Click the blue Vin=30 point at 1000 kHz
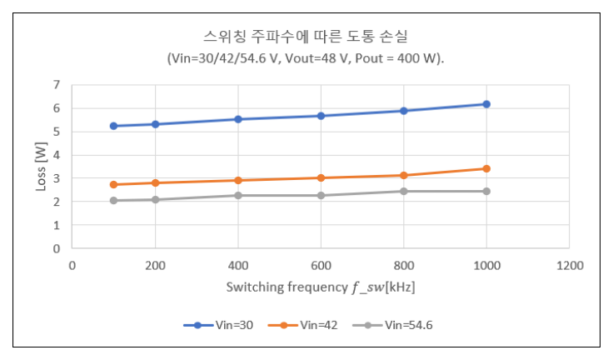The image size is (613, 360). pos(486,104)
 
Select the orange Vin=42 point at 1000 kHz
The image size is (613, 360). pos(486,168)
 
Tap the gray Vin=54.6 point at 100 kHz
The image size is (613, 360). pos(113,200)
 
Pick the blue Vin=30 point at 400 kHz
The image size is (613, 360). pos(238,119)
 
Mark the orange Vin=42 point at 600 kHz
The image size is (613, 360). pos(321,177)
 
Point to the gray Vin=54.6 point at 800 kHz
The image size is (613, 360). pos(403,191)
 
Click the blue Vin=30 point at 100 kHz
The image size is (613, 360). pos(113,126)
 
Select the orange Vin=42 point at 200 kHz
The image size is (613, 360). pos(155,182)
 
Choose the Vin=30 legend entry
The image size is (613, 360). pos(219,325)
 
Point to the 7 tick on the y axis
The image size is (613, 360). pos(57,84)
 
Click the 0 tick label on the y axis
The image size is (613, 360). pos(57,248)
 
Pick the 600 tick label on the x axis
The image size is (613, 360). pos(321,265)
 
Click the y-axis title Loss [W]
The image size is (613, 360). pos(39,167)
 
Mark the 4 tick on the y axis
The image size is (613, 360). pos(57,154)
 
